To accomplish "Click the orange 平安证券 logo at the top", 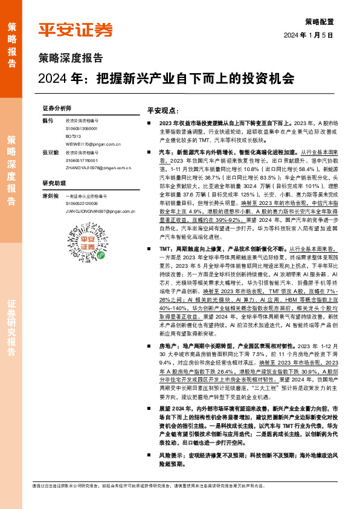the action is coord(75,30).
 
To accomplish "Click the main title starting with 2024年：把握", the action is coord(165,79).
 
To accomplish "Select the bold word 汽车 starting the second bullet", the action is coord(166,154).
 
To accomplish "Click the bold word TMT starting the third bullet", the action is coord(164,249).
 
